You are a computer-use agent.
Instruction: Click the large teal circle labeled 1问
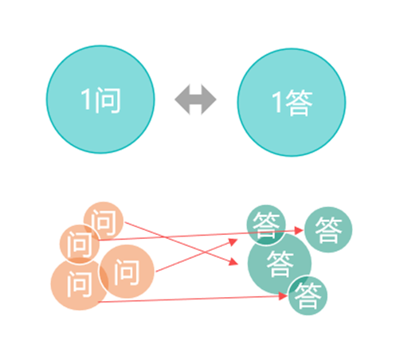tap(100, 100)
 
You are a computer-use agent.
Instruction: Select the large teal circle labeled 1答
tap(292, 102)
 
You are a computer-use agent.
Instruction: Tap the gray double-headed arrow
tap(195, 100)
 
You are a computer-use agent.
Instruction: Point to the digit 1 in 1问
tap(86, 99)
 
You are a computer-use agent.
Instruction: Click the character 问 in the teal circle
tap(108, 100)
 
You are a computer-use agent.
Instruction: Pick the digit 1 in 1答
tap(277, 102)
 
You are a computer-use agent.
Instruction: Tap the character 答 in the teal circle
tap(299, 103)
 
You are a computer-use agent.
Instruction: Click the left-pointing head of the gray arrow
tap(182, 100)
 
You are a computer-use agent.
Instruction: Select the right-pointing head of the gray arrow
tap(209, 100)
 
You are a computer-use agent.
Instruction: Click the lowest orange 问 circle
tap(80, 284)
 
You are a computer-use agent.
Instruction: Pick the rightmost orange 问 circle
tap(127, 272)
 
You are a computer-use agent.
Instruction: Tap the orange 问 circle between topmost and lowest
tap(80, 245)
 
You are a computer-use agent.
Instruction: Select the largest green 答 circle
tap(280, 264)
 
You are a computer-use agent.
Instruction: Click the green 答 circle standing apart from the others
tap(328, 229)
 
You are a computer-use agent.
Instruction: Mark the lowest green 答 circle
tap(308, 295)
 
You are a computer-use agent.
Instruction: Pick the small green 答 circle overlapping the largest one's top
tap(266, 225)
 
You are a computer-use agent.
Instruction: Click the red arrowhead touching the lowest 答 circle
tap(283, 295)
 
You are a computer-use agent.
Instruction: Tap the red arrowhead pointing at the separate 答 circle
tap(299, 230)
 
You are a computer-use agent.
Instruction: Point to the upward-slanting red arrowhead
tap(233, 242)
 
